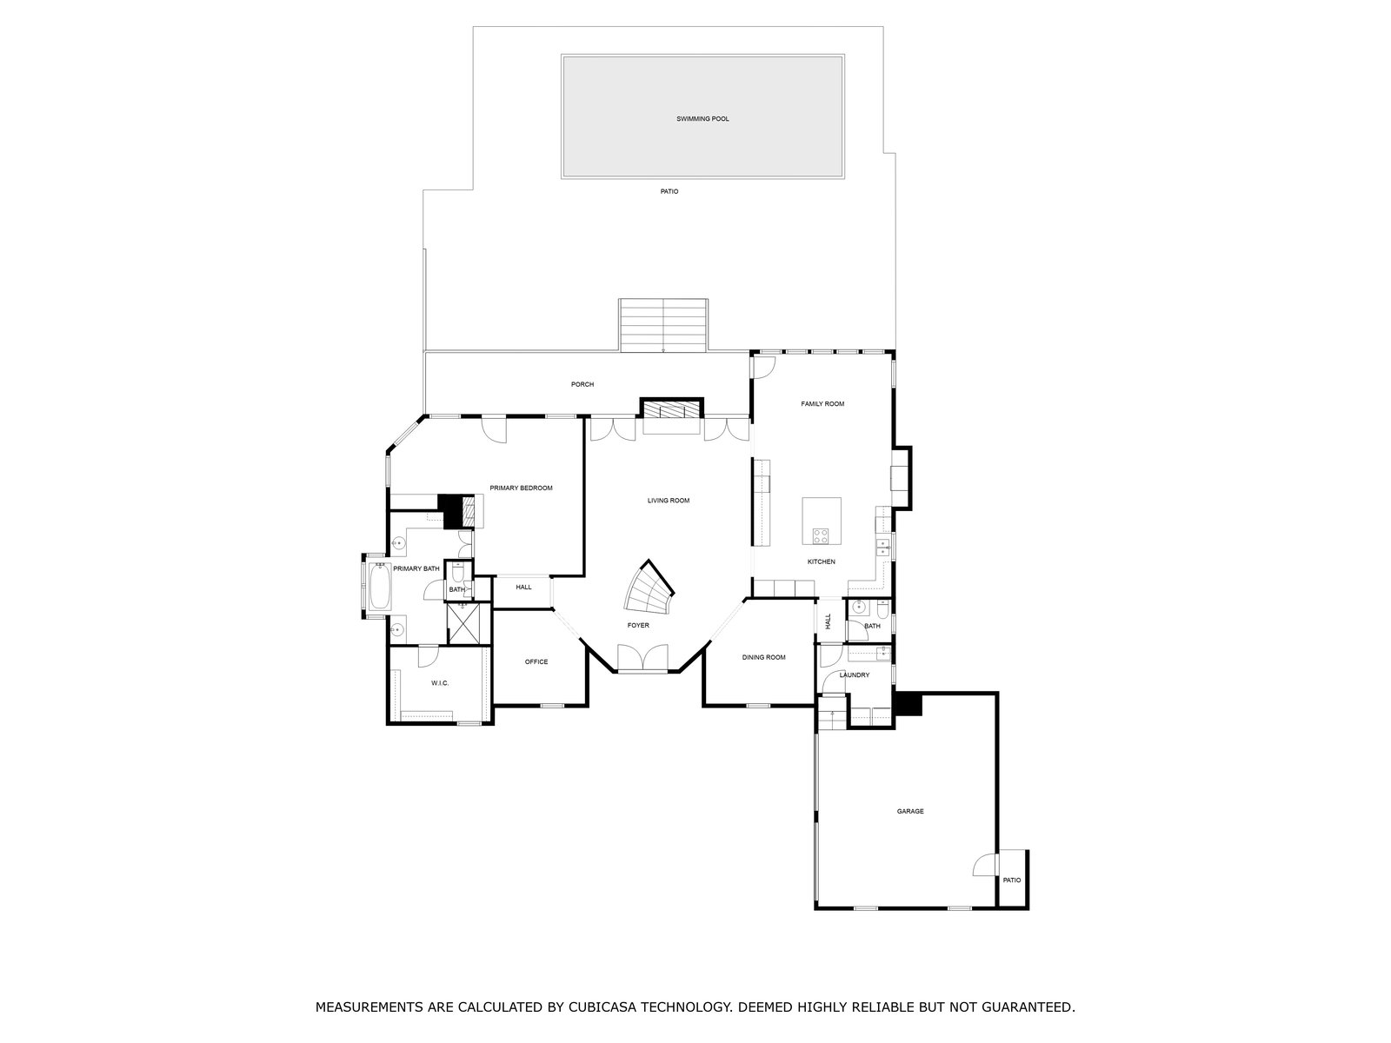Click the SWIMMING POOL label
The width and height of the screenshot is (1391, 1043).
(702, 118)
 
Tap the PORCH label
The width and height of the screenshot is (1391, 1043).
(582, 384)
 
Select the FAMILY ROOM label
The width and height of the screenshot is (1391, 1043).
(822, 403)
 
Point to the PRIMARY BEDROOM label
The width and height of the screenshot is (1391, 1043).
(521, 488)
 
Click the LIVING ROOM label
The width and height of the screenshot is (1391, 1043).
(668, 501)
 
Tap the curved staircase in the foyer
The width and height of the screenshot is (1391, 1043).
(648, 589)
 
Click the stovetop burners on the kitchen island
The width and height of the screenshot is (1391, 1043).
(820, 535)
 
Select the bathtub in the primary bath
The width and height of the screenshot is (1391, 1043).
(380, 586)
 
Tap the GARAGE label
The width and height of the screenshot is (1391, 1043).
(910, 811)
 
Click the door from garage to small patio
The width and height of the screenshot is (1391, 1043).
(986, 865)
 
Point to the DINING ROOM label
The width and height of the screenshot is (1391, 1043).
(763, 657)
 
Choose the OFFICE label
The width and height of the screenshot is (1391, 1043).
(536, 661)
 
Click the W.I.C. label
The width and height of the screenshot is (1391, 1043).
(440, 683)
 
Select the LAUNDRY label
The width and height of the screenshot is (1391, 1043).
(855, 675)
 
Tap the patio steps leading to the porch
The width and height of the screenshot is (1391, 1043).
(662, 325)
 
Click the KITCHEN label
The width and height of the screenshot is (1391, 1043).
(822, 561)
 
